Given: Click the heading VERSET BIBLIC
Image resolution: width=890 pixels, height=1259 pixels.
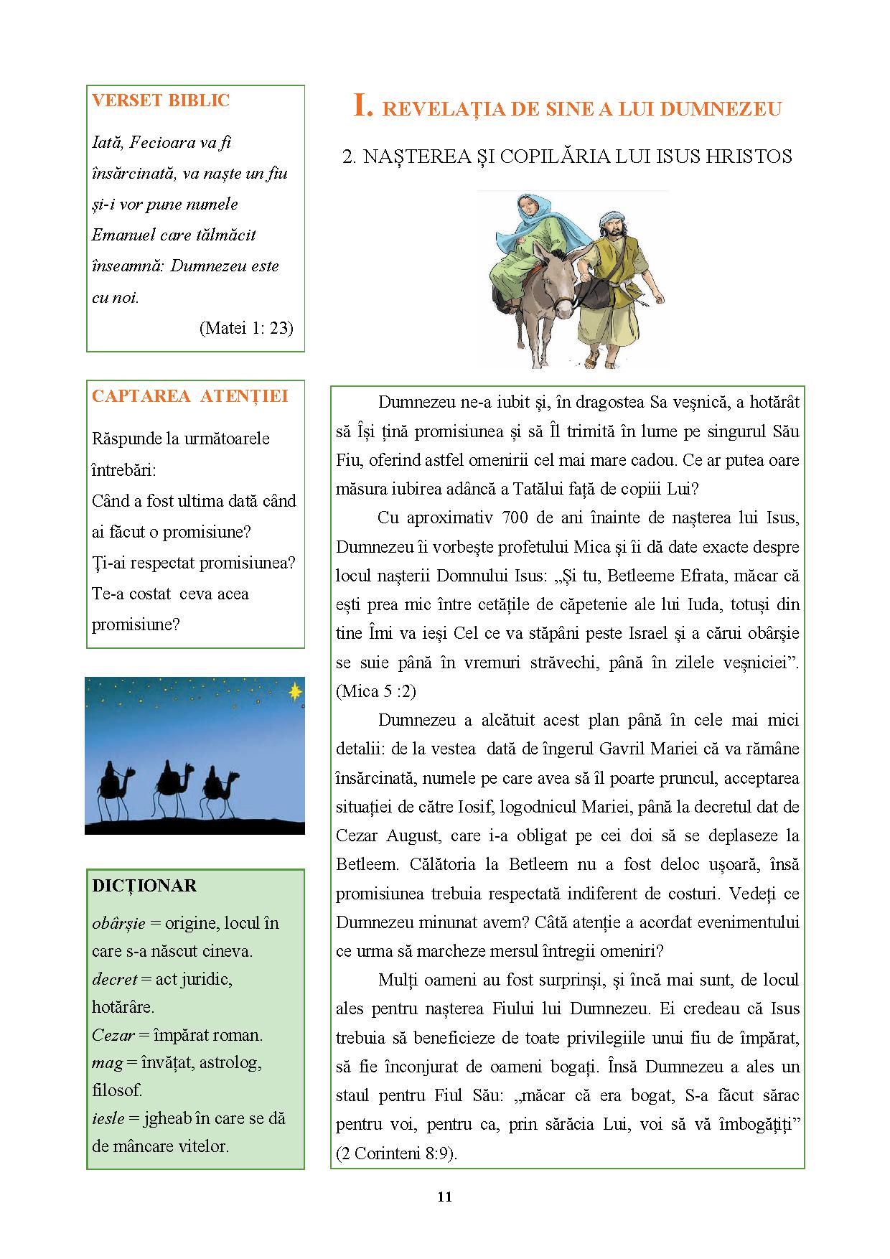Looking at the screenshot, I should (x=161, y=100).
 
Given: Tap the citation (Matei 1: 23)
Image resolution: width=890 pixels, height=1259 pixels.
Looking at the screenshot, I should (x=245, y=328).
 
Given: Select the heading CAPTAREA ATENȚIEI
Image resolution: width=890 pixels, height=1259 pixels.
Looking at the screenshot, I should (x=189, y=396).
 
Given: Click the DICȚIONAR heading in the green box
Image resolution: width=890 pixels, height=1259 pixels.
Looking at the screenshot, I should (x=144, y=886).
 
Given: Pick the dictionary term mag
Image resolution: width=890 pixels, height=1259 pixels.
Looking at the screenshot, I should (x=108, y=1062).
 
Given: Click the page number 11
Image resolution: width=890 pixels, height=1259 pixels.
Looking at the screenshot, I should (x=444, y=1197).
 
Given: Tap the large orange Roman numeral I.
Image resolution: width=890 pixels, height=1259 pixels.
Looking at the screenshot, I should (x=363, y=106).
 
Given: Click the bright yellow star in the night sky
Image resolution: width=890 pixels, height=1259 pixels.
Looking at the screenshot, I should (x=294, y=691).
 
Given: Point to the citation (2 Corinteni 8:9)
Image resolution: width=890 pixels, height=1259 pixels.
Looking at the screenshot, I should (x=396, y=1153).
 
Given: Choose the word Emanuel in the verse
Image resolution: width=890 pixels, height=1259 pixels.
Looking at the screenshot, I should (x=123, y=235).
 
